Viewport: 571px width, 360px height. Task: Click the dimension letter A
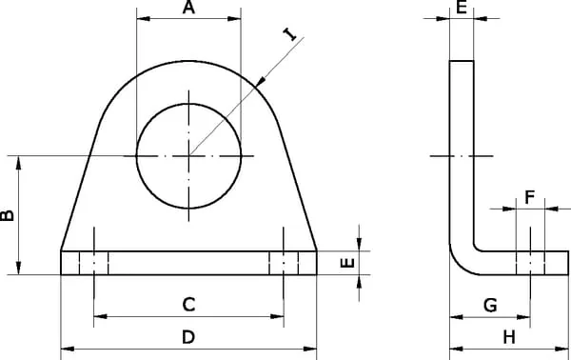[188, 8]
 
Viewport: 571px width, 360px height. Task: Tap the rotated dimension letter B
[8, 215]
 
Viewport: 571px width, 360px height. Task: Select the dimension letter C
[188, 305]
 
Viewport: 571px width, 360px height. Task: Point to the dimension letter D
[188, 337]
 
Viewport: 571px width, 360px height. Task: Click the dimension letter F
[530, 197]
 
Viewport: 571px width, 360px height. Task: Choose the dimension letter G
[490, 305]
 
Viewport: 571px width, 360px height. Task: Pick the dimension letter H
[509, 337]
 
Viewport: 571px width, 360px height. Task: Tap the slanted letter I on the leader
[290, 34]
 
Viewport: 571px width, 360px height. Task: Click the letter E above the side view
[462, 8]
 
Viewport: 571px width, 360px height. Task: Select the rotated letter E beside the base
[347, 263]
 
